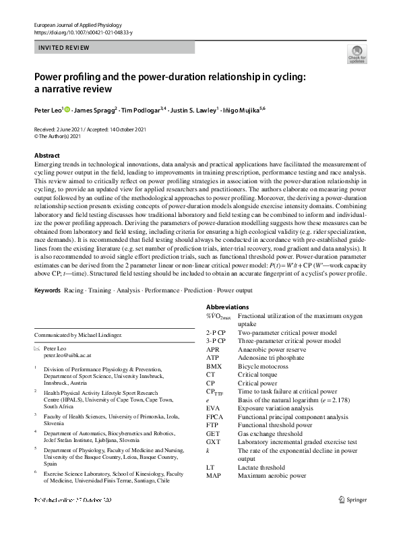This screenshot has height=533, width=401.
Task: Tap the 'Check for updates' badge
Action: click(x=357, y=55)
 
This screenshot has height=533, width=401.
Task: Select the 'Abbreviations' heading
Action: click(x=229, y=307)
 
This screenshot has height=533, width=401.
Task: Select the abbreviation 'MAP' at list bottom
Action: click(x=214, y=476)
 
